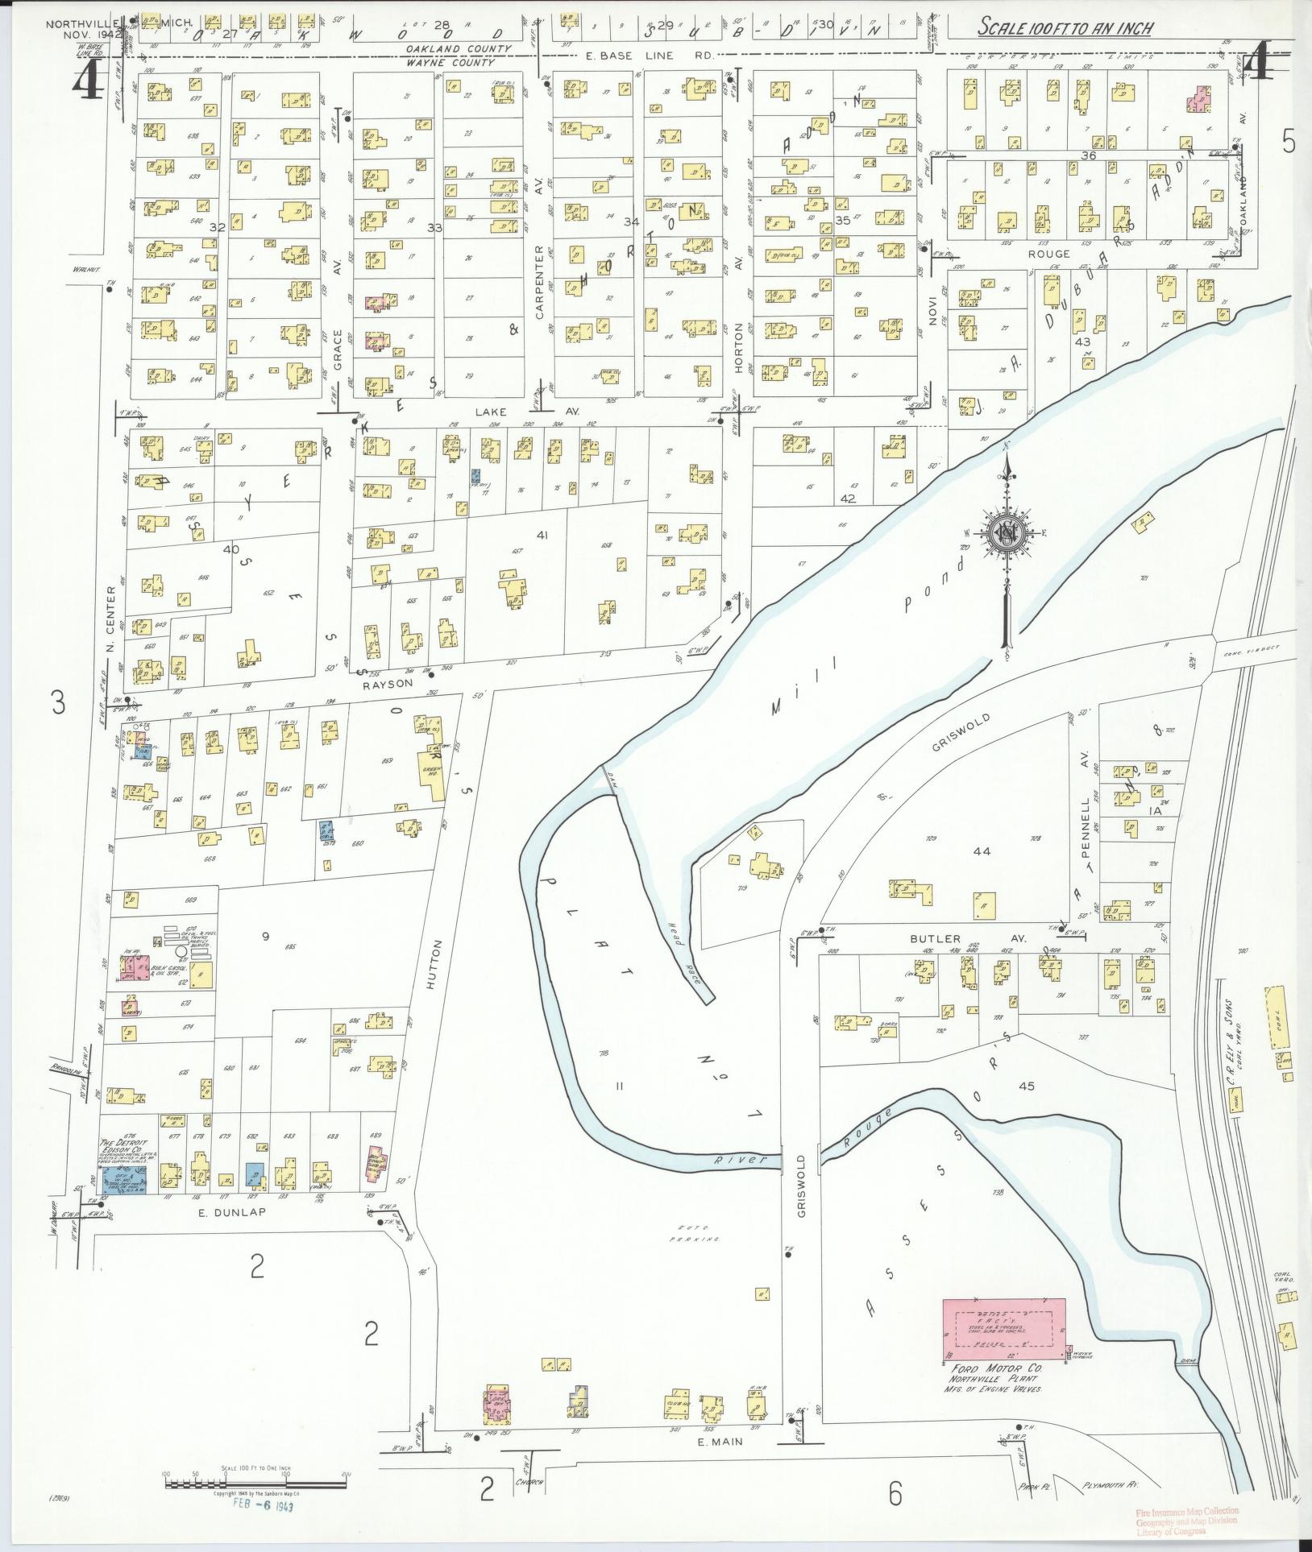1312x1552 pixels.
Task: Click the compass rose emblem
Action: coord(1007,534)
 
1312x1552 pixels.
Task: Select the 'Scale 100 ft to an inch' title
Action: coord(1065,28)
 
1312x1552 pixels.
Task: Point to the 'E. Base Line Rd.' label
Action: coord(648,56)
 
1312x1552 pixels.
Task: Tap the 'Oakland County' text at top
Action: coord(458,49)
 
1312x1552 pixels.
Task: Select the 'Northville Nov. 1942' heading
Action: coord(82,30)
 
